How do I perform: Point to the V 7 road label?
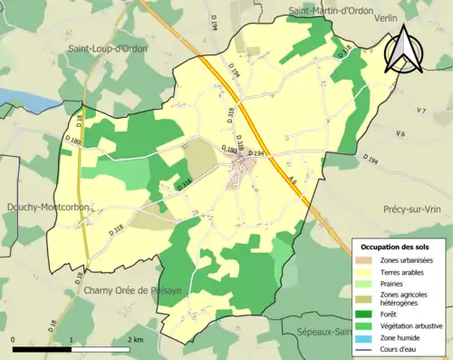[421, 111]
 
